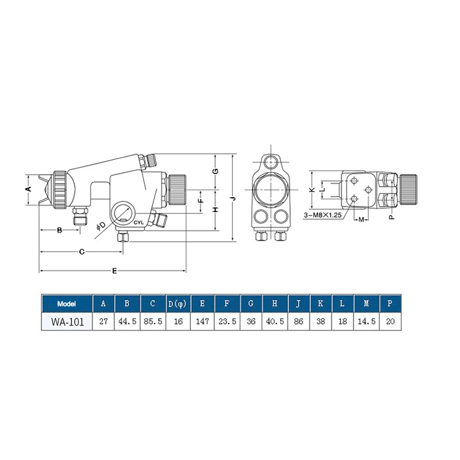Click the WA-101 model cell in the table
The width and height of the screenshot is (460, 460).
[67, 321]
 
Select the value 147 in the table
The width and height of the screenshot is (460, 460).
[202, 321]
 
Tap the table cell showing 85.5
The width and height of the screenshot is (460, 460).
[153, 321]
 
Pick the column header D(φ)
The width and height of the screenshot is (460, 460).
[178, 304]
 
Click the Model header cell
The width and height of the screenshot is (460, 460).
[67, 304]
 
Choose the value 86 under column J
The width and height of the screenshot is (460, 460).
[298, 321]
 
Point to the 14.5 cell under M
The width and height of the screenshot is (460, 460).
[366, 321]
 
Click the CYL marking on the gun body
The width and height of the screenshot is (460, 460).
[139, 223]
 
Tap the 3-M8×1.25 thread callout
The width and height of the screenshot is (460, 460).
[323, 215]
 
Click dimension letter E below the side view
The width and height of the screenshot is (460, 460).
[114, 271]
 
